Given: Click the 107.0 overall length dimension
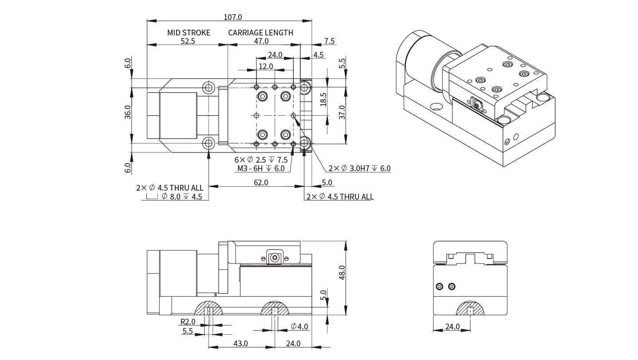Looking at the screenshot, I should [233, 17].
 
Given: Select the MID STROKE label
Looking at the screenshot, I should [189, 33].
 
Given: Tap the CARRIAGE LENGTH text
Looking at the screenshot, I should [260, 33].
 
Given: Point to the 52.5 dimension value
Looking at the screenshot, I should [189, 41].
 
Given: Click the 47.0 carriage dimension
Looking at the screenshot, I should [261, 41].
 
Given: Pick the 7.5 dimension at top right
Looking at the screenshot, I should [330, 41].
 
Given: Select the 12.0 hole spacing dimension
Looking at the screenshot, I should [266, 67].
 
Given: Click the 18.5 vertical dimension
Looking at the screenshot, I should [323, 99].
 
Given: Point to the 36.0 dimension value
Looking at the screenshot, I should [128, 112].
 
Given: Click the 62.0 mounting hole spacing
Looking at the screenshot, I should [261, 182].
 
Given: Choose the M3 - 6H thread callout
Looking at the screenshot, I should [261, 168].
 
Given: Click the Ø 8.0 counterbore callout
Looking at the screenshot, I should [181, 196].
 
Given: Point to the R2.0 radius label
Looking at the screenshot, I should [188, 322].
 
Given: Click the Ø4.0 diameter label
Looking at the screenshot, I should [299, 327].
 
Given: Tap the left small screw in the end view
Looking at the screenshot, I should [439, 286].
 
